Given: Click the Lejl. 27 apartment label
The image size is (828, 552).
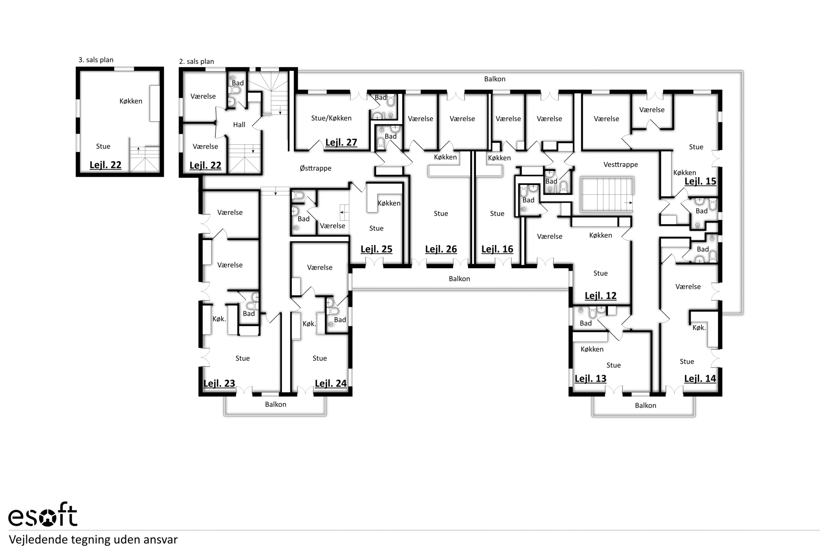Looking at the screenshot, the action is (x=341, y=142).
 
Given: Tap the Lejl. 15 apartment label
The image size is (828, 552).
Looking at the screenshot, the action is (x=700, y=181).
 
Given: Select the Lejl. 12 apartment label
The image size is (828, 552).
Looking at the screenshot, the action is (x=600, y=296).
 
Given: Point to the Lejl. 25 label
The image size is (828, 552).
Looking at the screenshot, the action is (x=376, y=249).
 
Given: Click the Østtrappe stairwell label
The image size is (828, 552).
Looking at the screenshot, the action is (x=315, y=168).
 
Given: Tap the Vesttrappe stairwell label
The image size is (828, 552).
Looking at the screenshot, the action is (x=621, y=165).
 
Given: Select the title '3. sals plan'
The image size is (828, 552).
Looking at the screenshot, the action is (x=96, y=60).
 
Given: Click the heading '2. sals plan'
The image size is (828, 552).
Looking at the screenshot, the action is (x=196, y=61).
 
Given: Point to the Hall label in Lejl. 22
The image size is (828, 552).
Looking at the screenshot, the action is (x=239, y=125).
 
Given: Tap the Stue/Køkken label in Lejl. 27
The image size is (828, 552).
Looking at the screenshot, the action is (x=331, y=118).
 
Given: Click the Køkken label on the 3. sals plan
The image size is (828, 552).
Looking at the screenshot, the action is (x=131, y=101).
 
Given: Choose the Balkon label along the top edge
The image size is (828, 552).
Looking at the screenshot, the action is (x=495, y=79).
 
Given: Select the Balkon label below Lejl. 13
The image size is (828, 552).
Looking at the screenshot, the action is (x=645, y=405).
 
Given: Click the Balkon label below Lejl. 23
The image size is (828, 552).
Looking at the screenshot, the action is (x=275, y=404).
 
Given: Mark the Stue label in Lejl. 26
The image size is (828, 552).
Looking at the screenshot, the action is (x=441, y=214).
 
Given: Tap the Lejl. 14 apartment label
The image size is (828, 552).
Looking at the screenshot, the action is (x=700, y=379).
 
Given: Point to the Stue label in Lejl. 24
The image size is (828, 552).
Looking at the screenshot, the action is (x=319, y=358).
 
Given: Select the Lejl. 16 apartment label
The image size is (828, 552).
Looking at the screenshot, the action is (x=497, y=249).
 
